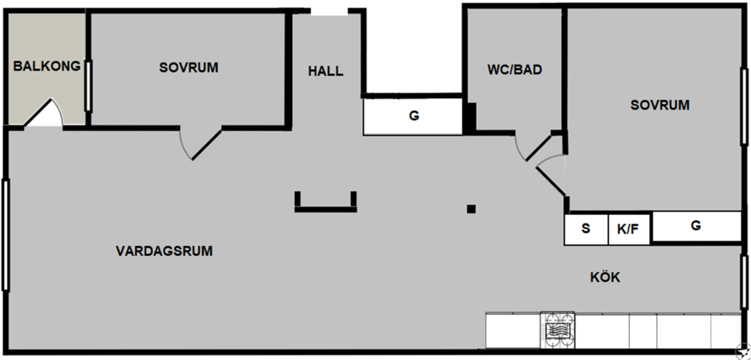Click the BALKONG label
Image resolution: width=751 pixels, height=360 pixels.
[47, 66]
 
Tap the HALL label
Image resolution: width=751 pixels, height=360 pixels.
[326, 71]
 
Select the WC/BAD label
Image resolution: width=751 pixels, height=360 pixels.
[515, 70]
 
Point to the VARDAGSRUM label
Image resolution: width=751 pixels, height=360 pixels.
[164, 251]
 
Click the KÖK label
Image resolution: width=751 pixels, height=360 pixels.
[605, 277]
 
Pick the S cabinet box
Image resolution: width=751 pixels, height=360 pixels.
[587, 230]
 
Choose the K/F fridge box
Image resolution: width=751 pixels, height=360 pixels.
[629, 230]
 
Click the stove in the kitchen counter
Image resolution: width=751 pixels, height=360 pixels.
[558, 331]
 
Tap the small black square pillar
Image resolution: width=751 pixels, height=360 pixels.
[471, 209]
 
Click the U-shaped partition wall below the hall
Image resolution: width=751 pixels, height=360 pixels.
[326, 209]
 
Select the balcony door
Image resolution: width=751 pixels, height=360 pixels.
[43, 113]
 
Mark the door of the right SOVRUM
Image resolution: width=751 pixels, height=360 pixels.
[551, 175]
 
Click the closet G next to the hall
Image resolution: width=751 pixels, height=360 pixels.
[413, 116]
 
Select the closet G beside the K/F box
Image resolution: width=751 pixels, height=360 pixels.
[696, 226]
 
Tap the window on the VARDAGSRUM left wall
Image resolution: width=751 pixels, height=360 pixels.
[5, 235]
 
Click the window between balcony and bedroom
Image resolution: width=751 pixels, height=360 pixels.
[88, 86]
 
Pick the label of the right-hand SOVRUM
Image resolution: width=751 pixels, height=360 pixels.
[660, 106]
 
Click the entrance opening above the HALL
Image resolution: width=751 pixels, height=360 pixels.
[329, 12]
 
